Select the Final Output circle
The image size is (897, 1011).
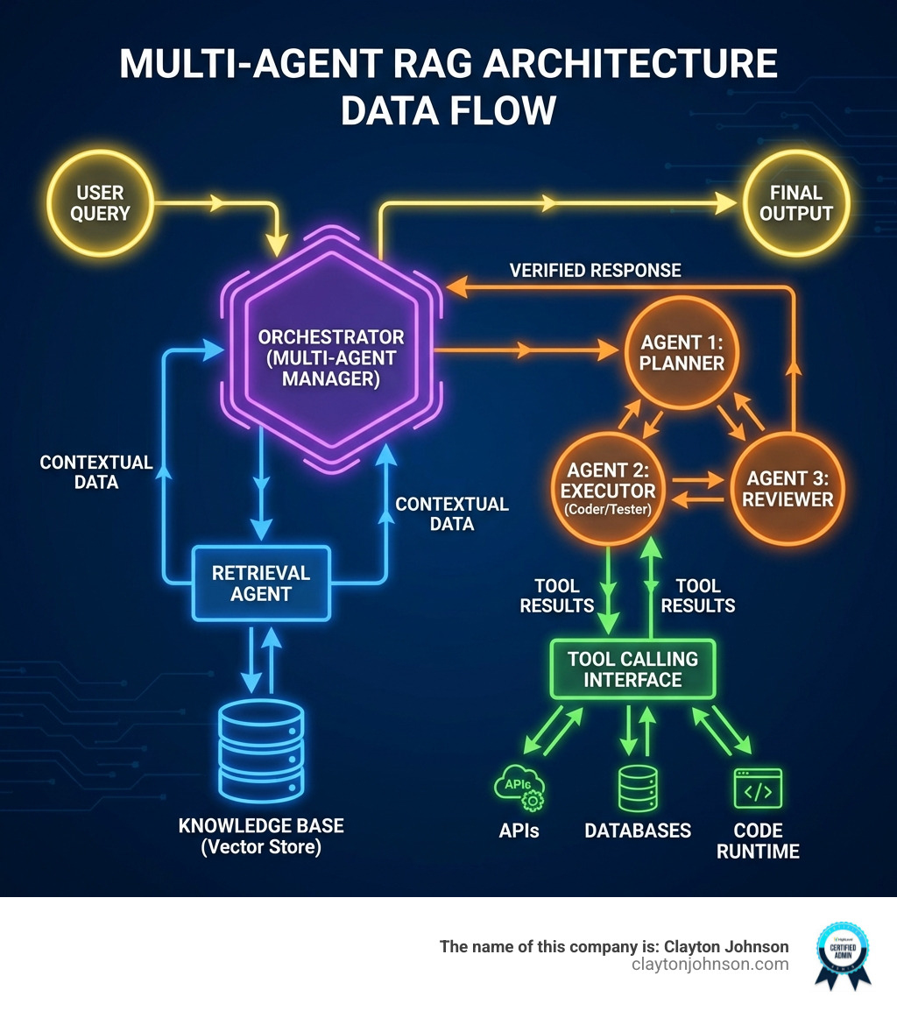click(795, 203)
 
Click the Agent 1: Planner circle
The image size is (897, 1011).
click(682, 353)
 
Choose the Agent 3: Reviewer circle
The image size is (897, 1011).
click(788, 489)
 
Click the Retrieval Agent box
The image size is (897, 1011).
click(260, 583)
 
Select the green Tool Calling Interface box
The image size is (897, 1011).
click(632, 669)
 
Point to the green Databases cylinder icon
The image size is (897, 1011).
click(638, 788)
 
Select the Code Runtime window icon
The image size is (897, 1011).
click(758, 788)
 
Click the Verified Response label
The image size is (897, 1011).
click(596, 270)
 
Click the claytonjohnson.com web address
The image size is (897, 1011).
click(710, 965)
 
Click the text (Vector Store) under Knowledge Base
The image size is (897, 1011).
click(261, 847)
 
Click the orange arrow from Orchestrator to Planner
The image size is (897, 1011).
click(526, 351)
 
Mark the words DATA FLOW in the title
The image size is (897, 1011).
click(448, 111)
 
